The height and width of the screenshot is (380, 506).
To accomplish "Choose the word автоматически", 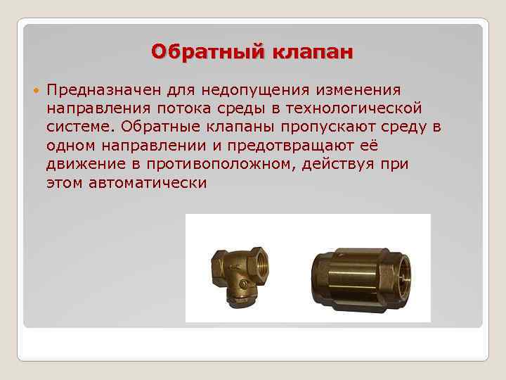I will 148,183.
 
